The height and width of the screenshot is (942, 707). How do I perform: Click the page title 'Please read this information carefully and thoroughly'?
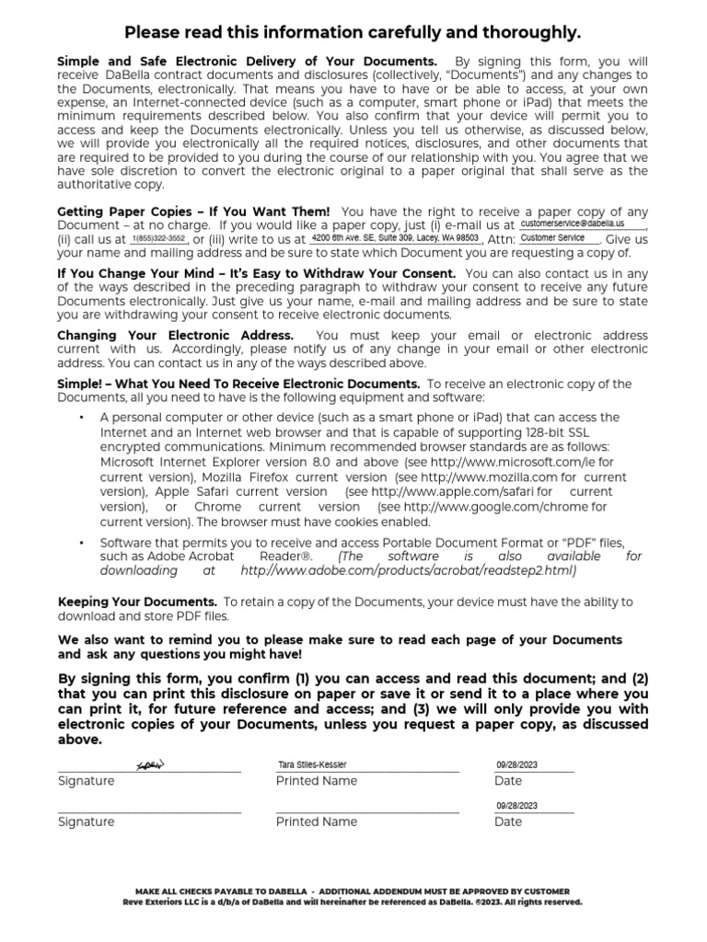point(353,33)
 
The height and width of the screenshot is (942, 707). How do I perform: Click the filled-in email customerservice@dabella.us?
point(572,224)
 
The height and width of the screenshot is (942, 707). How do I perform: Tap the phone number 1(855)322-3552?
point(159,238)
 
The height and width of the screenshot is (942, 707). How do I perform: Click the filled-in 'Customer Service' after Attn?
point(552,237)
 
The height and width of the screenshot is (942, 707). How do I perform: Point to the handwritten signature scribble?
point(149,765)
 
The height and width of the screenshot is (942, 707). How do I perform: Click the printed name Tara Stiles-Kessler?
point(313,764)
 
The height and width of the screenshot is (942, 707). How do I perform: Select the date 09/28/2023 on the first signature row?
point(516,764)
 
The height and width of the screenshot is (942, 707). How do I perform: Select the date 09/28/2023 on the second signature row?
point(516,805)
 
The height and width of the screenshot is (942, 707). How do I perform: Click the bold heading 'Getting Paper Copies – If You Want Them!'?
point(193,212)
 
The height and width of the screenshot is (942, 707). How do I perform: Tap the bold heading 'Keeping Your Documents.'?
point(137,602)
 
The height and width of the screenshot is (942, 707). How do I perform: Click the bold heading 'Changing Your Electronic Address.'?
point(175,336)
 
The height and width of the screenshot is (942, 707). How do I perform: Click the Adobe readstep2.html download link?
point(408,570)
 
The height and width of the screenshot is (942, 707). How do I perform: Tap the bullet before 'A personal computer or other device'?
point(81,418)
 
